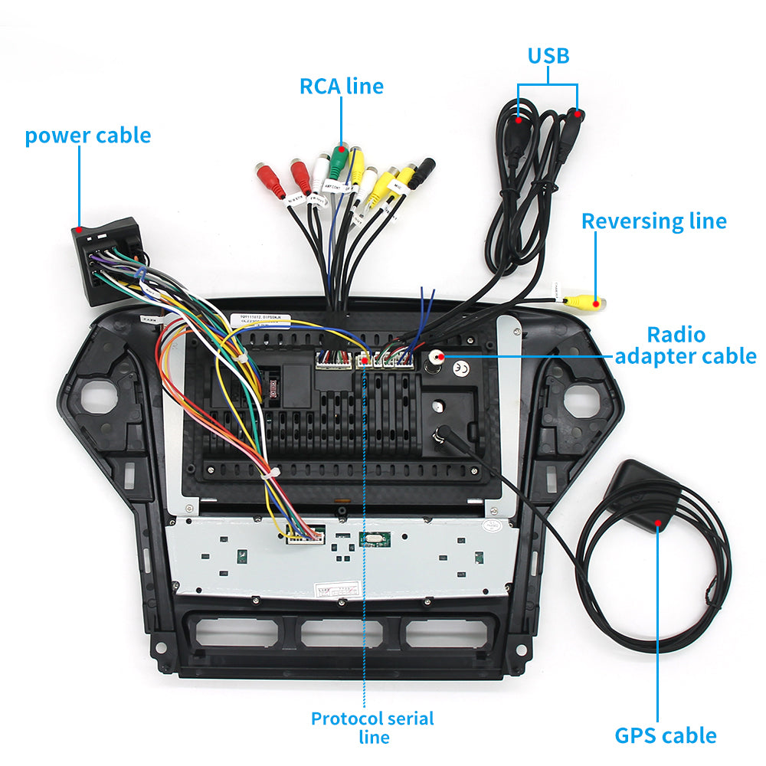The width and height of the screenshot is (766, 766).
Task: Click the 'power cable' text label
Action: click(87, 136)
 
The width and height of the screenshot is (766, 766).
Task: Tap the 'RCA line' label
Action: click(341, 86)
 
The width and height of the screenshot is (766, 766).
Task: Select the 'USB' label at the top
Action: click(548, 56)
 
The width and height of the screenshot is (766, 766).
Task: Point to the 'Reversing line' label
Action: click(653, 221)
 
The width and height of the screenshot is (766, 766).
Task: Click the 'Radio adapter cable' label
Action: click(686, 345)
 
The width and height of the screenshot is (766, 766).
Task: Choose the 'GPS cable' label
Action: click(666, 735)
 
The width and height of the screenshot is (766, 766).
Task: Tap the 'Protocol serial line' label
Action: click(372, 728)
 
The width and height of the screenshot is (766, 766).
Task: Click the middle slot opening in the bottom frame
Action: click(342, 633)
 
